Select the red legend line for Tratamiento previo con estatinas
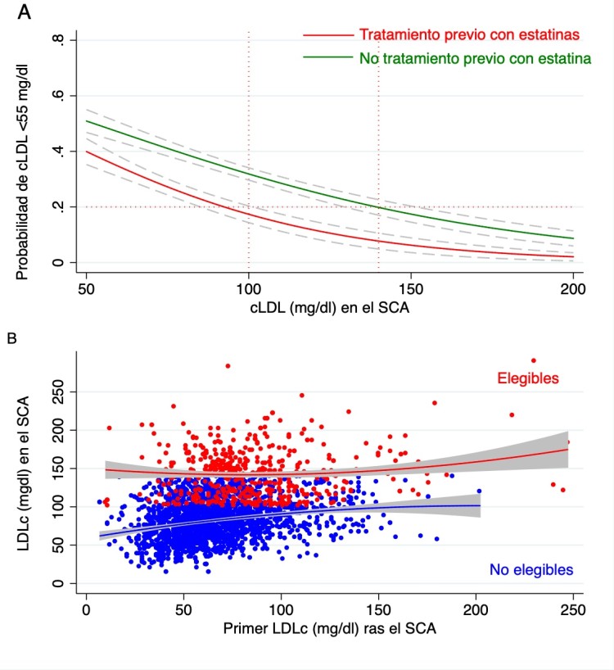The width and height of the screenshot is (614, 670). pos(326,35)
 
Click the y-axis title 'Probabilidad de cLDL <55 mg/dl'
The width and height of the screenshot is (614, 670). pos(23,152)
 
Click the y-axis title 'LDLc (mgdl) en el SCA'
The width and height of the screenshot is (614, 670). pos(24,468)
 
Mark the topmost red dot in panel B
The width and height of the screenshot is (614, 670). pos(534,360)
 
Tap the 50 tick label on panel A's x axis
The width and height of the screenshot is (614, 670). pos(86,288)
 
